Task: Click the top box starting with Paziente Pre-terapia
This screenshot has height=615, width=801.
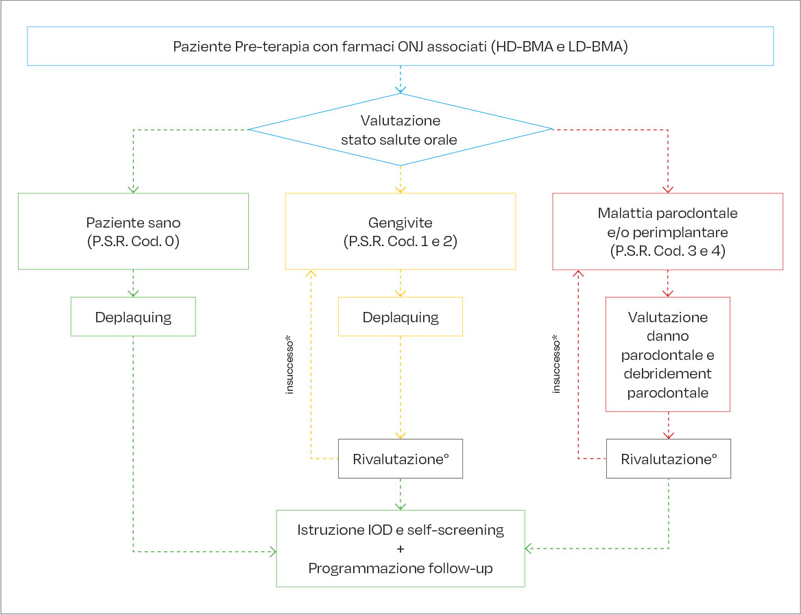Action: pos(400,47)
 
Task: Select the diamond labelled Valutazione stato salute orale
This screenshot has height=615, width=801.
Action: pos(400,130)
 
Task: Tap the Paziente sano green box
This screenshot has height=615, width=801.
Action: pos(133,231)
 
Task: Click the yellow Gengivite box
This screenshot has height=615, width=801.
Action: pos(400,231)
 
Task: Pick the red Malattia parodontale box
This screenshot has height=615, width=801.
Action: pos(667,231)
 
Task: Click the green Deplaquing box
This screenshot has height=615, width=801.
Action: pos(133,317)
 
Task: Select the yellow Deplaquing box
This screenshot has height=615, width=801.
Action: pos(400,317)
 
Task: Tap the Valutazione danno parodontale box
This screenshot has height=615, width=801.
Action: pos(667,354)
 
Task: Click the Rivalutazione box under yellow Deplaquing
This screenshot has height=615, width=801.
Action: pos(400,459)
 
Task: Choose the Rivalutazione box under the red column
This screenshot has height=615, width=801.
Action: pos(668,459)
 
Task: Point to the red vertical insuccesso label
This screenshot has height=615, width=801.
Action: pos(556,363)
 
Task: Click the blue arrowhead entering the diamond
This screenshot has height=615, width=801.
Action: pos(400,89)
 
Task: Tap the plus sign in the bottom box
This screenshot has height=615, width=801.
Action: pos(400,549)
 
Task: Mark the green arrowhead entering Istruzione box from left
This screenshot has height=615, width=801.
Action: pos(272,551)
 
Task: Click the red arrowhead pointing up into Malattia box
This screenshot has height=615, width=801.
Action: pos(577,274)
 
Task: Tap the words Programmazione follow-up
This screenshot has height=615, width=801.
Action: pos(400,568)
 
